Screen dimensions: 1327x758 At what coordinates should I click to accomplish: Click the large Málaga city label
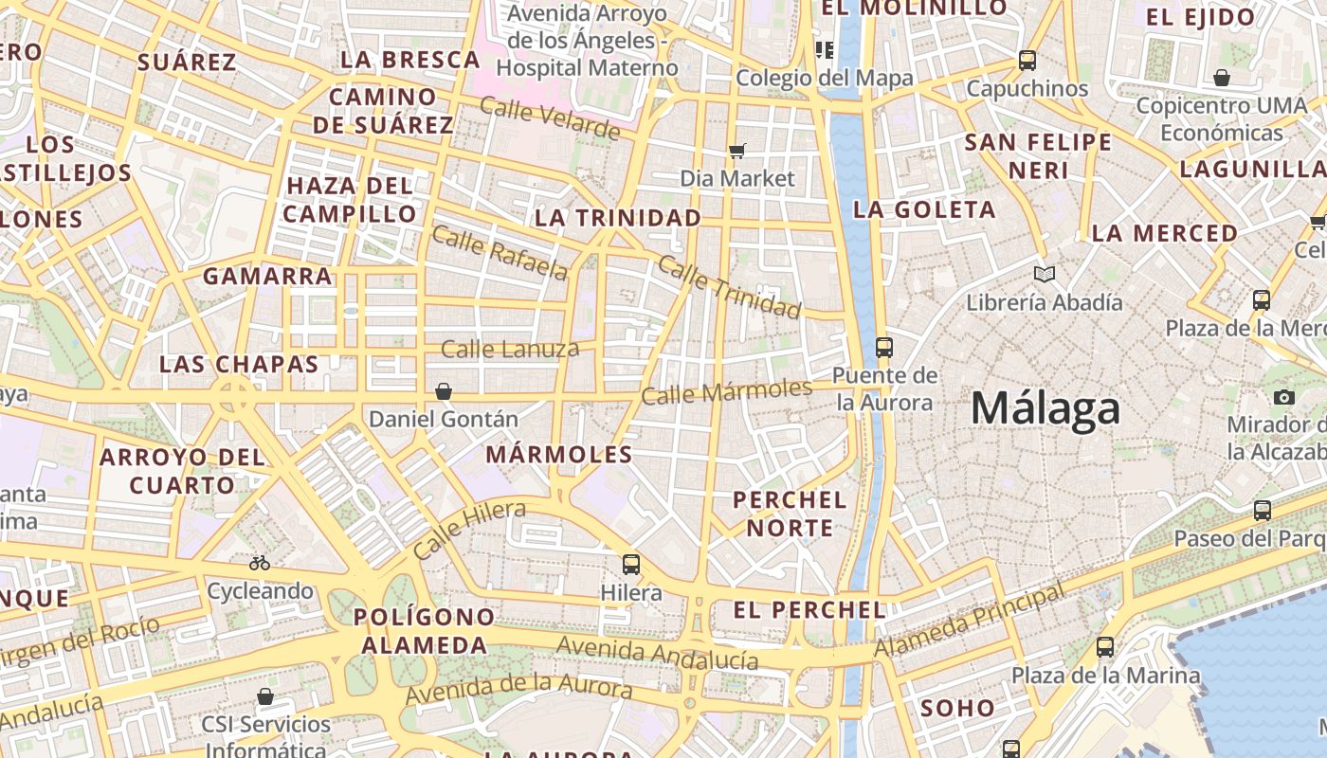pos(1045,409)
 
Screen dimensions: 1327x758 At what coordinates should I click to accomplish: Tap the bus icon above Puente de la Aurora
pos(884,348)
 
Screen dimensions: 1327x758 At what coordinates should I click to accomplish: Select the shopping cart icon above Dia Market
pos(737,151)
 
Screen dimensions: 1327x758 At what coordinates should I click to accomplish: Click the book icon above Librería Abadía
pos(1045,275)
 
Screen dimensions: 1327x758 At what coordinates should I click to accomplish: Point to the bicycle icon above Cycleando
pos(260,563)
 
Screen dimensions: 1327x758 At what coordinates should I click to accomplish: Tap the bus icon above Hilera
pos(631,565)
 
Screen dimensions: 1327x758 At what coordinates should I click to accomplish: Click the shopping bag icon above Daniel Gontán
pos(443,391)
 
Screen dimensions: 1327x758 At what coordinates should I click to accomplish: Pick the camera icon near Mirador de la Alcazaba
pos(1284,397)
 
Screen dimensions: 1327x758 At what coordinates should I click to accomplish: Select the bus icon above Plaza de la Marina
pos(1105,647)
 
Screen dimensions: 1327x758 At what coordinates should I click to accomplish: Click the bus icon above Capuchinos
pos(1027,61)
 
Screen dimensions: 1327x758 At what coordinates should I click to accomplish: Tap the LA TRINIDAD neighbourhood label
pos(618,218)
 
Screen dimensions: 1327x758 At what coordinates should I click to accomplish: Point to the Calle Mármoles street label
pos(726,391)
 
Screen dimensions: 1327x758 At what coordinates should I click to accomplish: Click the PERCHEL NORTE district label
pos(789,514)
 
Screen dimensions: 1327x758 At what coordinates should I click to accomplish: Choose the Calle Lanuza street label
pos(510,349)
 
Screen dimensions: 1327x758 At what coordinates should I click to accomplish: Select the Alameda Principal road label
pos(969,622)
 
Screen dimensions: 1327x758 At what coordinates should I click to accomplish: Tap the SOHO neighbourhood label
pos(957,708)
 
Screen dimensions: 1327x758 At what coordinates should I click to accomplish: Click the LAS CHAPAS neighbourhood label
pos(239,364)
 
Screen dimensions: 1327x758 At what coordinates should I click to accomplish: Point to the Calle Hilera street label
pos(469,531)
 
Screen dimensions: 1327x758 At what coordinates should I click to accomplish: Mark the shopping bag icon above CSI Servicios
pos(265,697)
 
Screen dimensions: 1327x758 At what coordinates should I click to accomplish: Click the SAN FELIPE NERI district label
pos(1038,156)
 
